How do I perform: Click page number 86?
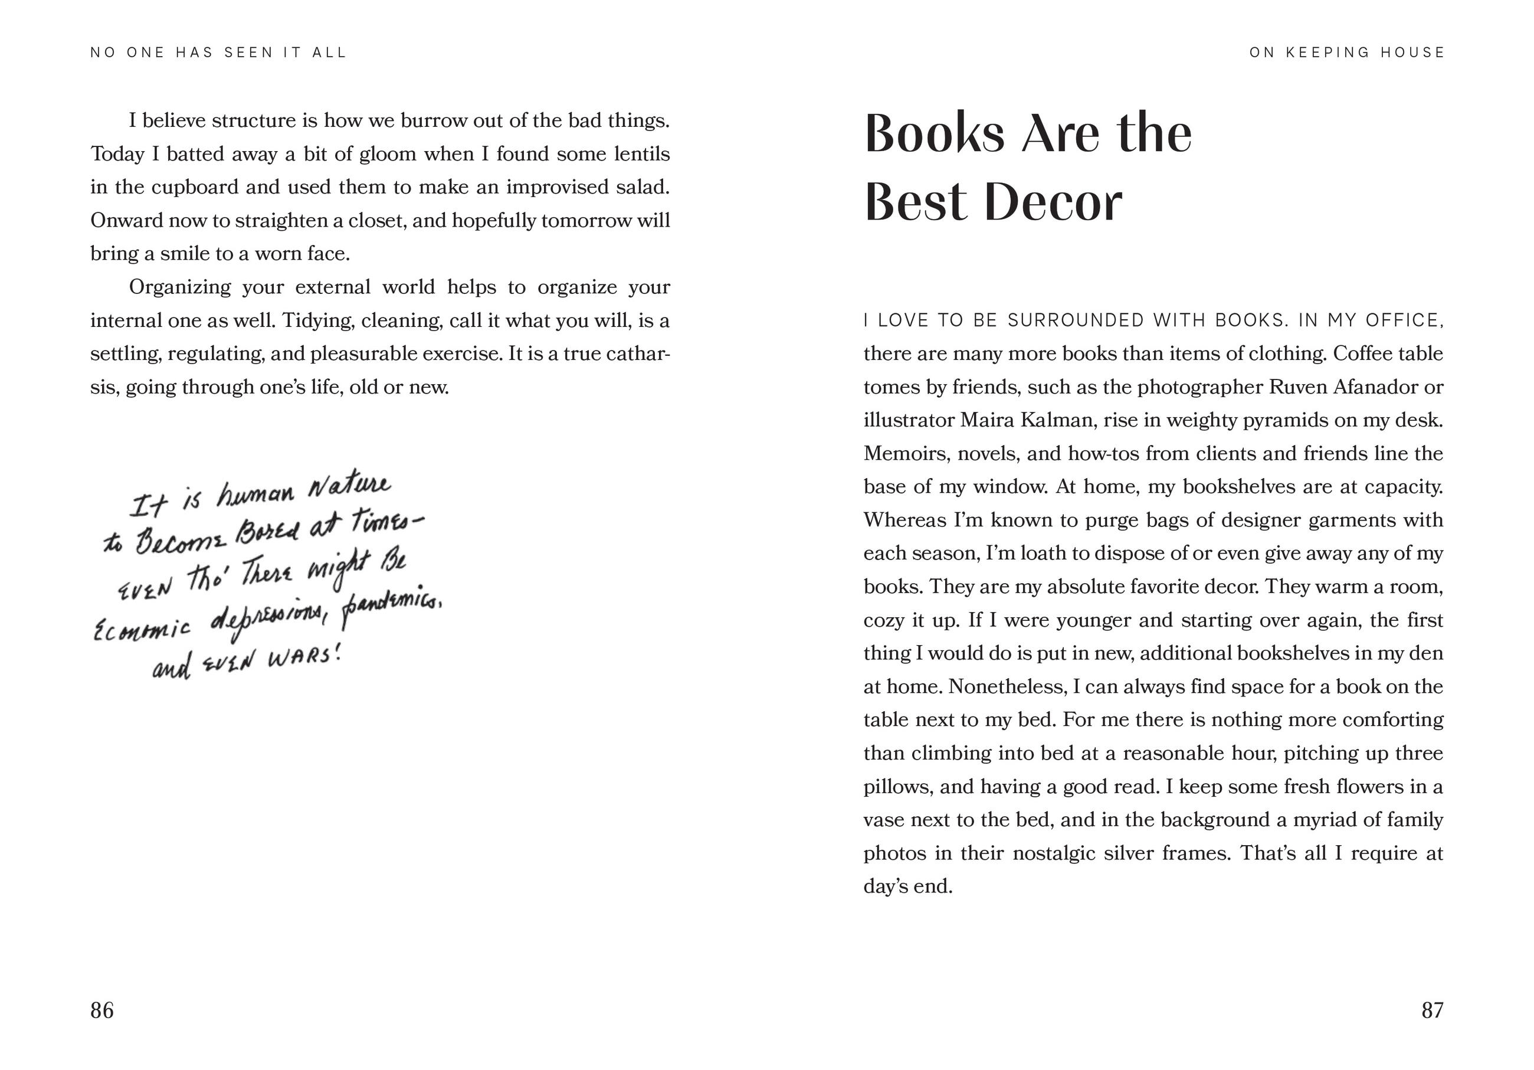[101, 1010]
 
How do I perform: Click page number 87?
[1432, 1010]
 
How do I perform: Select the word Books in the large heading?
[934, 133]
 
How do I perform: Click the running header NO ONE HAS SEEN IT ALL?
[218, 53]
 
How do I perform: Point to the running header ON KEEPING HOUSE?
[1346, 53]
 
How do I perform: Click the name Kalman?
[1058, 420]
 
